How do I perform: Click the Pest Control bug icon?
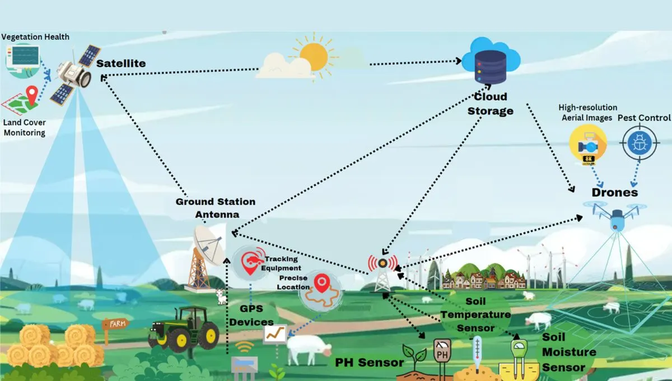coord(638,143)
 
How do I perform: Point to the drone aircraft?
coord(616,216)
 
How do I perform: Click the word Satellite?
coord(121,63)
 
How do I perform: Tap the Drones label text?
coord(614,192)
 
